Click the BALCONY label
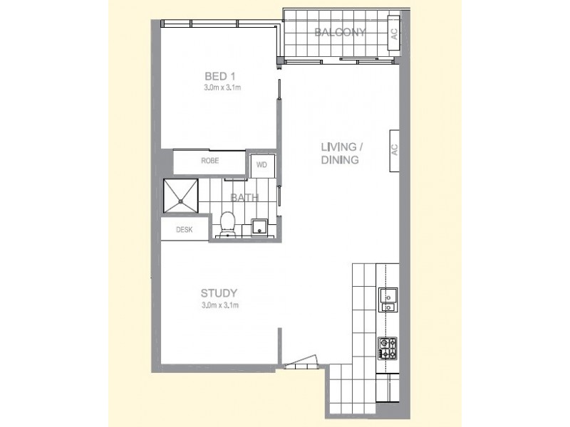340,33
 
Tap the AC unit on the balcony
393,33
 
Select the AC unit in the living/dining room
393,151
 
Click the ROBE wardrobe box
209,162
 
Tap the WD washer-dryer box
261,164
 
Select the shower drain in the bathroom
181,201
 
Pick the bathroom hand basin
259,228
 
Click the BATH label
244,199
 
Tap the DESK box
185,230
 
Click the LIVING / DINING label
343,154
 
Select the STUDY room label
219,293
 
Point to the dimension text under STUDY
219,306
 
